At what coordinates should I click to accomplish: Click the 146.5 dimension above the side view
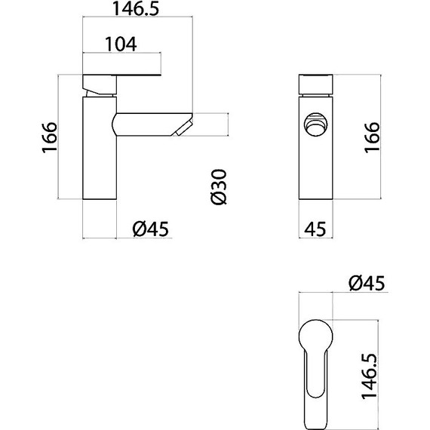pos(136,10)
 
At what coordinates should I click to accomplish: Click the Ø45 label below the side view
pos(149,228)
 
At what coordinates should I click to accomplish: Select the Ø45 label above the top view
pos(367,283)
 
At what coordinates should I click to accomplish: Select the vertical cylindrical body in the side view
pos(99,158)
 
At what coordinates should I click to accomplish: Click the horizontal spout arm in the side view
pos(147,123)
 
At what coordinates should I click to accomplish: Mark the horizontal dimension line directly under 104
pos(121,54)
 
